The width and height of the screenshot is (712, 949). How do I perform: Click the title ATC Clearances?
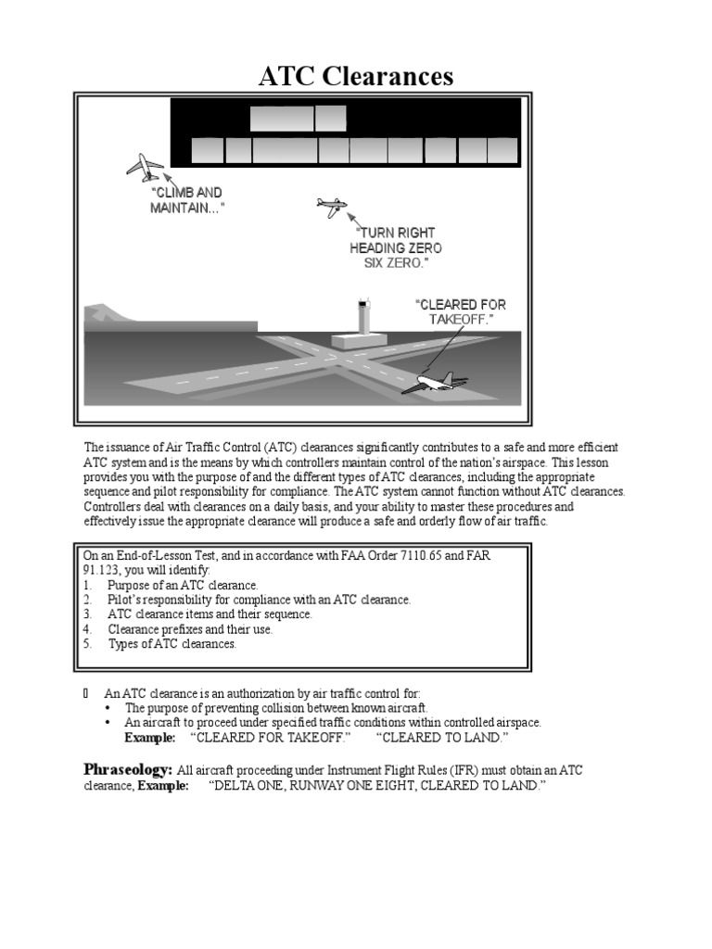356,76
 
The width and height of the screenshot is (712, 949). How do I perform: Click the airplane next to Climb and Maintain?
146,168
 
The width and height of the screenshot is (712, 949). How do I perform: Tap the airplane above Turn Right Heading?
330,206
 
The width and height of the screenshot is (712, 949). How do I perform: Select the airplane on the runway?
436,382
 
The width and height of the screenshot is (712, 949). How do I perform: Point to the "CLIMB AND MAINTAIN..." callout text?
187,200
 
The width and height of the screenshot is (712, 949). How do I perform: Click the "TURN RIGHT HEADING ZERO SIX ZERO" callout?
396,247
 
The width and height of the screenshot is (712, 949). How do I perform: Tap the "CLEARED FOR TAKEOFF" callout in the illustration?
461,311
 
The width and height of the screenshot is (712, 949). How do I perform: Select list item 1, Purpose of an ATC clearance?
183,586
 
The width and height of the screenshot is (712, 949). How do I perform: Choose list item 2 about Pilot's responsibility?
259,600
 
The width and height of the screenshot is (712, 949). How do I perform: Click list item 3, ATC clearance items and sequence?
210,614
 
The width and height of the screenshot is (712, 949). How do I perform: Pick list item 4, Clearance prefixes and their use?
203,629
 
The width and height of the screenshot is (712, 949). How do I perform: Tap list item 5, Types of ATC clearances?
172,644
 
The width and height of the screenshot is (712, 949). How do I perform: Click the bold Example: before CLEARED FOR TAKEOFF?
149,738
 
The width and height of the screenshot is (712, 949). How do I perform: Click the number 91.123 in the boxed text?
102,571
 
